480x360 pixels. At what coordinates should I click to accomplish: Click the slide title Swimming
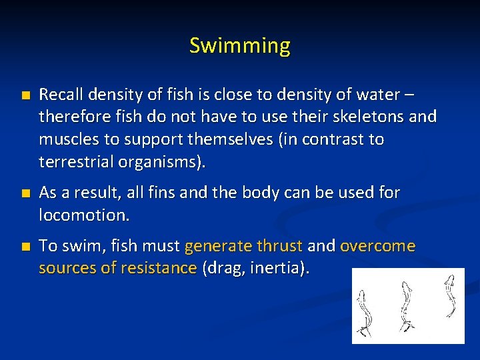[240, 46]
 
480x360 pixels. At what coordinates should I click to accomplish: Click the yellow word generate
[217, 246]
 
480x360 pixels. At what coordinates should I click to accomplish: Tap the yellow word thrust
[279, 246]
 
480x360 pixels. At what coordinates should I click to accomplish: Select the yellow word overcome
[377, 246]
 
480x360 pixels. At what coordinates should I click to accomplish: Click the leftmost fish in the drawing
[365, 310]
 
